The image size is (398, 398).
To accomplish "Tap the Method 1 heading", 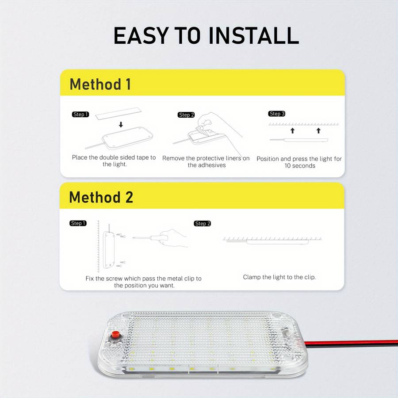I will (x=100, y=84).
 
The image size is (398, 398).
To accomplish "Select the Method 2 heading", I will (x=101, y=197).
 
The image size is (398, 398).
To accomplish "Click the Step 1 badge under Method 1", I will (x=80, y=115).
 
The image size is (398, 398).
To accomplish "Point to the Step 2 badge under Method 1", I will (x=187, y=115).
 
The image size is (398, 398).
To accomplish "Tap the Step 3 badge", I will (x=277, y=114).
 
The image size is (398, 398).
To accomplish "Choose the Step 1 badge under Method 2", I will (x=78, y=223).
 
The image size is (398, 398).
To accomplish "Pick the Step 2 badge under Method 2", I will (x=203, y=224).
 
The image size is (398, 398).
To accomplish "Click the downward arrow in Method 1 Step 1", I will (x=121, y=125).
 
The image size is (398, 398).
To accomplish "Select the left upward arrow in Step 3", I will (x=292, y=131).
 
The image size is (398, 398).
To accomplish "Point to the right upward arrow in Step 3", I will (x=318, y=131).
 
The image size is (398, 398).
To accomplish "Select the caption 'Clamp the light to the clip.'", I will (x=279, y=277).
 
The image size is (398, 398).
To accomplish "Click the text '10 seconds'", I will (x=300, y=166).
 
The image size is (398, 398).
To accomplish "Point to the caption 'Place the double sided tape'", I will (x=114, y=157).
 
